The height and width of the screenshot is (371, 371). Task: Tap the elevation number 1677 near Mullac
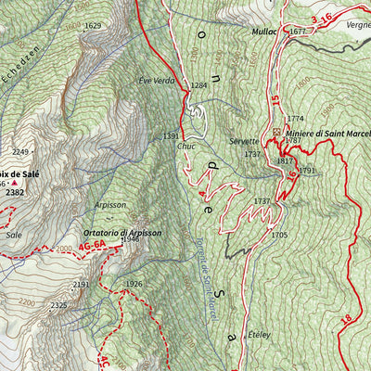[297, 32]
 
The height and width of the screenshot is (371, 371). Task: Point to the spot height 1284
[198, 85]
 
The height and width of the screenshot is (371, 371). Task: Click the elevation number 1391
[172, 136]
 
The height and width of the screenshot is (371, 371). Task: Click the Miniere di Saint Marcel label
[327, 134]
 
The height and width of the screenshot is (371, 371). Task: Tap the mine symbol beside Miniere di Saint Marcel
[276, 133]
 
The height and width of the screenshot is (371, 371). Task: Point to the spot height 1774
[295, 119]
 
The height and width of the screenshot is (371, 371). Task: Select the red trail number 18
[346, 319]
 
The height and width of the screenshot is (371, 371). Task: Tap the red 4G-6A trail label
[93, 246]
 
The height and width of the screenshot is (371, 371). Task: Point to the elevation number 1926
[134, 284]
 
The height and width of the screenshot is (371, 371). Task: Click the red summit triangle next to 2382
[14, 184]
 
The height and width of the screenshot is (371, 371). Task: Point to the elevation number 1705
[278, 236]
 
